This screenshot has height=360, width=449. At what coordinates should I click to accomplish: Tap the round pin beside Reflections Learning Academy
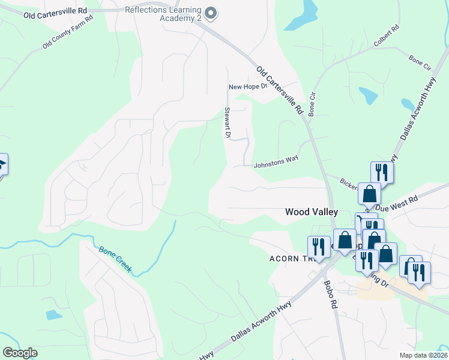coord(210,12)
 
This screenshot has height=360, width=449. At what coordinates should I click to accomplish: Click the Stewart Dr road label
coord(228,123)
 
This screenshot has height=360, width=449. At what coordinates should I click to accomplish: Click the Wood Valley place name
coord(312,212)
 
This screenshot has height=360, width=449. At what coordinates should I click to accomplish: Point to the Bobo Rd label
coord(331,294)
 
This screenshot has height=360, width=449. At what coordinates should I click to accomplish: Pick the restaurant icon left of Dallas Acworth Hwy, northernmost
coord(381,173)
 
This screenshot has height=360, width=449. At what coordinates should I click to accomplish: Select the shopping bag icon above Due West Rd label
coord(369,193)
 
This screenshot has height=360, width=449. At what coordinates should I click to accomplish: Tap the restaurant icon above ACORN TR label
coord(318,246)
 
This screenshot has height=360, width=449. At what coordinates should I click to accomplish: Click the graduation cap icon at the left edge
coord(2,164)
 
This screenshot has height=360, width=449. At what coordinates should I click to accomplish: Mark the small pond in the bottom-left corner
coord(53,314)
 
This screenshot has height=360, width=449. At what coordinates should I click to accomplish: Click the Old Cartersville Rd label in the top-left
coord(55,13)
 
